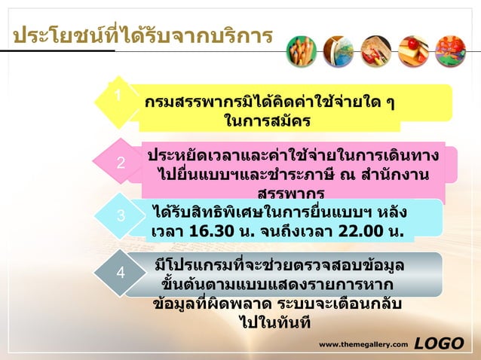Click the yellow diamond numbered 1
coord(119,99)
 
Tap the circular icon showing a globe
coord(339,51)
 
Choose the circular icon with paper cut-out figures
coord(451,51)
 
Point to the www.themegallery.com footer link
coord(363,345)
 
